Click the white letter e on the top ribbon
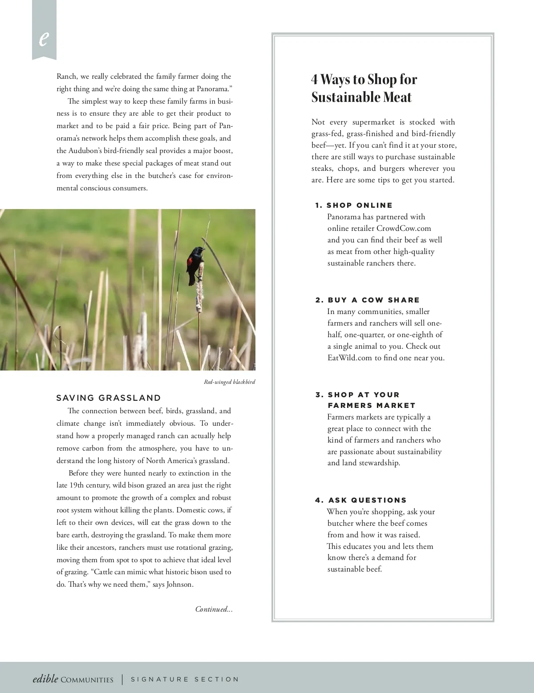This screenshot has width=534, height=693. (x=43, y=39)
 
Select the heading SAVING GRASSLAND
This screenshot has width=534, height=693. (x=109, y=398)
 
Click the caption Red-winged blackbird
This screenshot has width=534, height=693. (x=229, y=382)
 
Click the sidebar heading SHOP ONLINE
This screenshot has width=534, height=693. (x=359, y=205)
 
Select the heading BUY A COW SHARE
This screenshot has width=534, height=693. (x=373, y=300)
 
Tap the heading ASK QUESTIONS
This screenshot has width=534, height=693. (x=367, y=500)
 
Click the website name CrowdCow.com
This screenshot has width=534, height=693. (x=404, y=228)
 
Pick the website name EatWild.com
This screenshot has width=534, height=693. (x=349, y=358)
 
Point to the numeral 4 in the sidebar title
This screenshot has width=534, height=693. (x=315, y=79)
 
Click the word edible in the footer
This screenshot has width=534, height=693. (x=45, y=678)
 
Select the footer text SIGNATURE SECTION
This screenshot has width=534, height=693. (x=185, y=679)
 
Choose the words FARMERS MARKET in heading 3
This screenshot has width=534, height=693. (x=371, y=405)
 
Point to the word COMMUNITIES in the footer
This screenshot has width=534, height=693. (x=87, y=680)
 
